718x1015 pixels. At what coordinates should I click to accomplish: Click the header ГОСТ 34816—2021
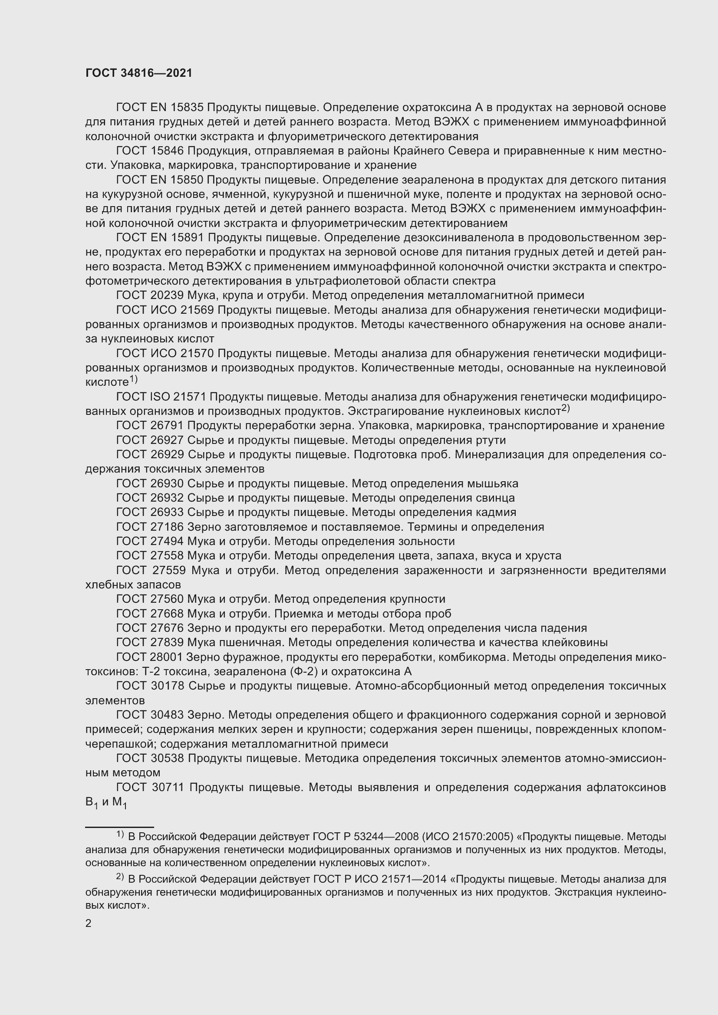(x=139, y=73)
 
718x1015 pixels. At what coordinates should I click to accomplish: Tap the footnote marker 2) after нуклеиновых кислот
(x=566, y=409)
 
